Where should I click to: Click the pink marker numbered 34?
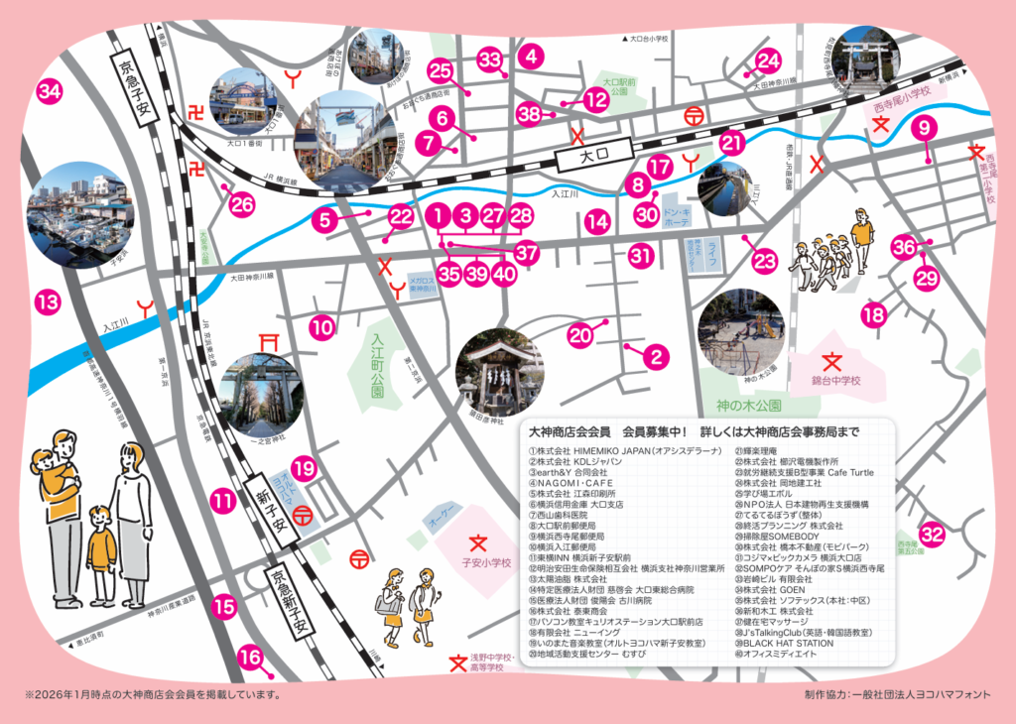[49, 92]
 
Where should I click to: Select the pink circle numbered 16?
[252, 657]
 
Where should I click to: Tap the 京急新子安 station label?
[295, 605]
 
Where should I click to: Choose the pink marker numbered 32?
[931, 535]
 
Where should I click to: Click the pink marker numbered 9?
[924, 127]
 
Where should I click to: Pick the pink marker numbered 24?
[768, 61]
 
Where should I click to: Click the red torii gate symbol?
[267, 342]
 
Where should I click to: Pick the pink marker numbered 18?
[873, 316]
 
